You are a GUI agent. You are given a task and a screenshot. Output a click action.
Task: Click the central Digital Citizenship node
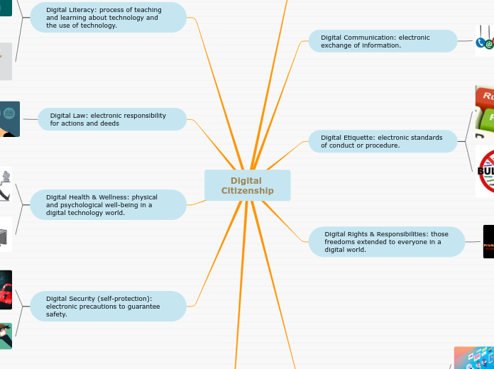coord(247,185)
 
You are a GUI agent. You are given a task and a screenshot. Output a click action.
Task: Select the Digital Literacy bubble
coord(108,18)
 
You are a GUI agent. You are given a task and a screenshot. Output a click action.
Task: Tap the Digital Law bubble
coord(112,119)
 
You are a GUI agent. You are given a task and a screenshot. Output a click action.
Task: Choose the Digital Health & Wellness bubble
coord(108,204)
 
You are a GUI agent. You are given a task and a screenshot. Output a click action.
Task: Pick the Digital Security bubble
coord(108,306)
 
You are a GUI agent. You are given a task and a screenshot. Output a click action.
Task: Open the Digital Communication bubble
coord(383,41)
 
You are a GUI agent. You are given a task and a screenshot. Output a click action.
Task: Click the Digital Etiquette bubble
coord(383,141)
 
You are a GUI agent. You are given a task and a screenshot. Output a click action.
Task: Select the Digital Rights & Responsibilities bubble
coord(387,241)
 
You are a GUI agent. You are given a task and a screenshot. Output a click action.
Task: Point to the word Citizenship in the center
coord(247,191)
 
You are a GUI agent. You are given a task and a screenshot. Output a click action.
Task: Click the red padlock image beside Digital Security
coord(5,290)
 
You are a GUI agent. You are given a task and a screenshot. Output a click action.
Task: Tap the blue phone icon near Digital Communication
coord(481,43)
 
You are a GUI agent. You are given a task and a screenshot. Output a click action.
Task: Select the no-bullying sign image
coord(486,172)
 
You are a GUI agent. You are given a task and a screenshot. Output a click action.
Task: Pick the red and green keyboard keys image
coord(485,111)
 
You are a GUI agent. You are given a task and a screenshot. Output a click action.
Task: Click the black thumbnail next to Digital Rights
coord(488,241)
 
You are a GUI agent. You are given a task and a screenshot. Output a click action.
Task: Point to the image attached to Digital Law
coord(9,119)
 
